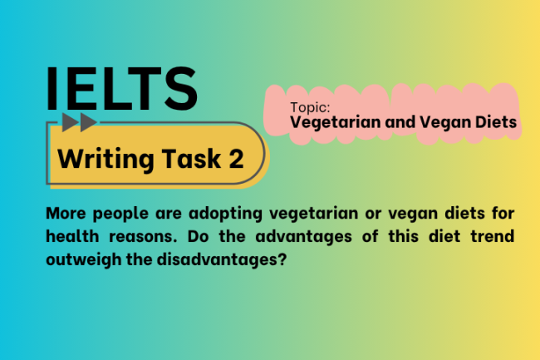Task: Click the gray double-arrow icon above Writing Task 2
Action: (x=79, y=123)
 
